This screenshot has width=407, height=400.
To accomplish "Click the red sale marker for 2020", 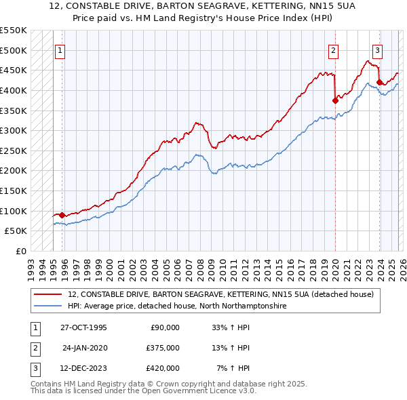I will click(x=335, y=100).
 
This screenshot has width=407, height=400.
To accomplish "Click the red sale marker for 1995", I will click(x=62, y=215).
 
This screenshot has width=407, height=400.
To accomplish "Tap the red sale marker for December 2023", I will click(x=379, y=83).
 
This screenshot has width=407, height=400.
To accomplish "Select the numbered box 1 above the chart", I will click(x=60, y=49).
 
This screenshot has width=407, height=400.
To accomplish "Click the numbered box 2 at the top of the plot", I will click(x=334, y=49).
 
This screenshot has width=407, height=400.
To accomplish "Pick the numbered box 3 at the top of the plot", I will click(x=377, y=49).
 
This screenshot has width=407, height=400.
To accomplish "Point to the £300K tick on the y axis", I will click(x=14, y=130).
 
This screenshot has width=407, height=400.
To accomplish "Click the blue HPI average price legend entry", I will click(x=177, y=306).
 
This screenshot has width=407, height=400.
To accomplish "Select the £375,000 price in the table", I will click(x=163, y=348).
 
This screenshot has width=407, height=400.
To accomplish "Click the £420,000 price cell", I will click(x=163, y=368).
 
